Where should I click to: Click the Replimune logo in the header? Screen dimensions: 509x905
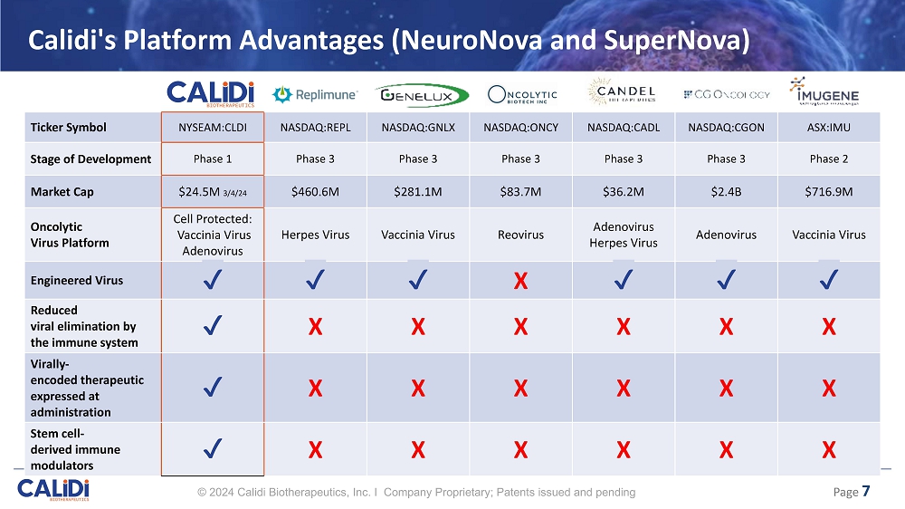[314, 94]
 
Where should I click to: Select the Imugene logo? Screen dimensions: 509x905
[824, 92]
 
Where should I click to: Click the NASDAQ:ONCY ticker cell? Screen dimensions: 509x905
[520, 128]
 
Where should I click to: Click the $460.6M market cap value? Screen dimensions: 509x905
[315, 191]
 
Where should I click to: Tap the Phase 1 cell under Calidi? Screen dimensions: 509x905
[213, 158]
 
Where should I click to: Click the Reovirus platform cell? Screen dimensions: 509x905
[520, 235]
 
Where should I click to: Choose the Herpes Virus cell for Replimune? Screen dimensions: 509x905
[315, 235]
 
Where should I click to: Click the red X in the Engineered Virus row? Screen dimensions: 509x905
[520, 282]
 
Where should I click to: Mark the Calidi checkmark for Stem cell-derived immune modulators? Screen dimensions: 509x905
[213, 448]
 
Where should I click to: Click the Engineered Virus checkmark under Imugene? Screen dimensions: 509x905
[827, 281]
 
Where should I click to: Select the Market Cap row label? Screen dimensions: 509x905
[61, 191]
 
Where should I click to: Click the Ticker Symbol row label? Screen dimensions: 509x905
[67, 128]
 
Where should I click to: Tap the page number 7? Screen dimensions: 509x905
[866, 492]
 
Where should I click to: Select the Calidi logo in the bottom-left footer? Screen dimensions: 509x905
[53, 490]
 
